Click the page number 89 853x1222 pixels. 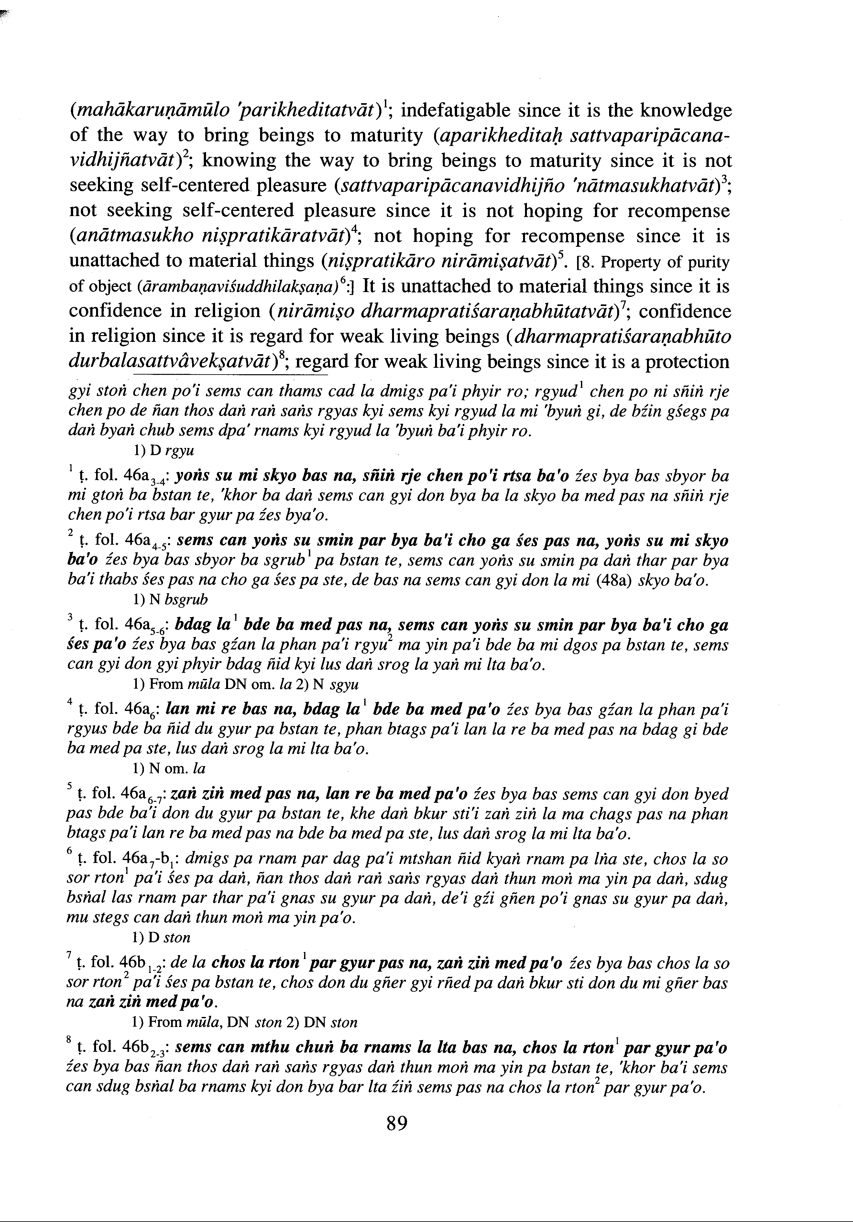pos(397,1124)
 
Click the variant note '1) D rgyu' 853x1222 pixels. pos(163,451)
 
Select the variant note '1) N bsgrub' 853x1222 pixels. pos(170,599)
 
